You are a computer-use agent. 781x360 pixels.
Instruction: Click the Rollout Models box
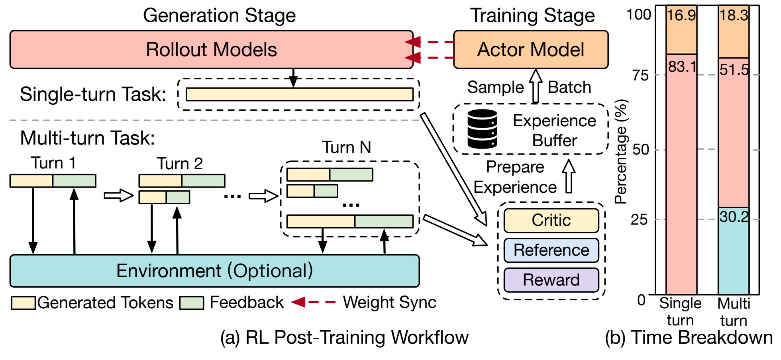pyautogui.click(x=211, y=50)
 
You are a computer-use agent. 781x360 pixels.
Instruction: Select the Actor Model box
pyautogui.click(x=531, y=50)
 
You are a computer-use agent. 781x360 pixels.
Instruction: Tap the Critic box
pyautogui.click(x=551, y=220)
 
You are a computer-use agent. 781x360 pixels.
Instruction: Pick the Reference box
pyautogui.click(x=551, y=250)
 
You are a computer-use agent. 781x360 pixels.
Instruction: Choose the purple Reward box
pyautogui.click(x=551, y=280)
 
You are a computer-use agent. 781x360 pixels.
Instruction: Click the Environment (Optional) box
pyautogui.click(x=214, y=271)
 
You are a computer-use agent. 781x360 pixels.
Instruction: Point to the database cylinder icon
pyautogui.click(x=482, y=129)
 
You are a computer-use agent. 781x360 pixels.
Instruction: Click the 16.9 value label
pyautogui.click(x=681, y=15)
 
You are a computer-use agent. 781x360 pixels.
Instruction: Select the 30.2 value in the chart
pyautogui.click(x=734, y=217)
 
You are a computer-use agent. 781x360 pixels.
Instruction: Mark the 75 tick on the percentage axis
pyautogui.click(x=640, y=75)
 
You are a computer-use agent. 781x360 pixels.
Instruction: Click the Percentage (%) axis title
pyautogui.click(x=621, y=151)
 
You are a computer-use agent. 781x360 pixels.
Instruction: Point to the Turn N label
pyautogui.click(x=347, y=147)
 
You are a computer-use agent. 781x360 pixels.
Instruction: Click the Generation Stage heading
pyautogui.click(x=220, y=16)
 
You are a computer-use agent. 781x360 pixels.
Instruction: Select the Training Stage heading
pyautogui.click(x=533, y=16)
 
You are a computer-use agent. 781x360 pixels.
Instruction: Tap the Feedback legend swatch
pyautogui.click(x=192, y=303)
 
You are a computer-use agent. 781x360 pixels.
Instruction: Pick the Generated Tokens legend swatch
pyautogui.click(x=23, y=303)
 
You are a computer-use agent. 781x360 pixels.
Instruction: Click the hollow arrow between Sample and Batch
pyautogui.click(x=536, y=86)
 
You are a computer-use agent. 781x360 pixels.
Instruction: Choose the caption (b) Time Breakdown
pyautogui.click(x=689, y=337)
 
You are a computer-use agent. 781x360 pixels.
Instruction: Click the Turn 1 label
pyautogui.click(x=53, y=163)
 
